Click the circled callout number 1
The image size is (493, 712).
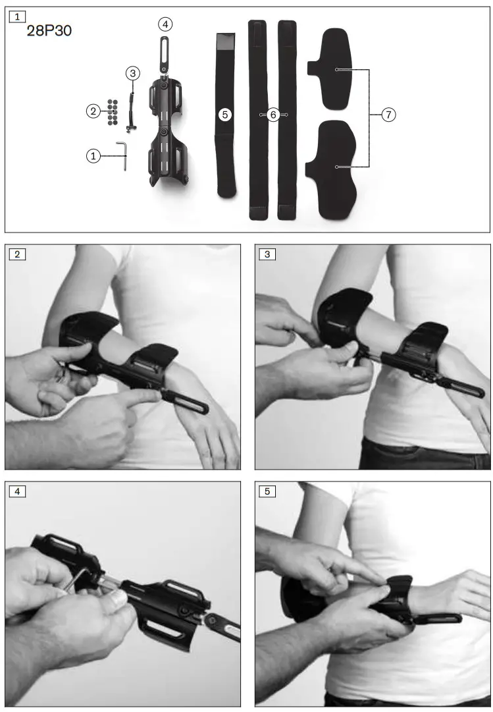(94, 156)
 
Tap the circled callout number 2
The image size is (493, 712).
(93, 111)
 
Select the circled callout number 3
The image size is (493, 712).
(133, 74)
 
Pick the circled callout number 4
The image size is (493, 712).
(165, 24)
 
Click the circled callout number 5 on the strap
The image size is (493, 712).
(225, 115)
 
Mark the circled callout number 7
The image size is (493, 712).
(389, 115)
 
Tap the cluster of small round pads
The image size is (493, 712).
(112, 111)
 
